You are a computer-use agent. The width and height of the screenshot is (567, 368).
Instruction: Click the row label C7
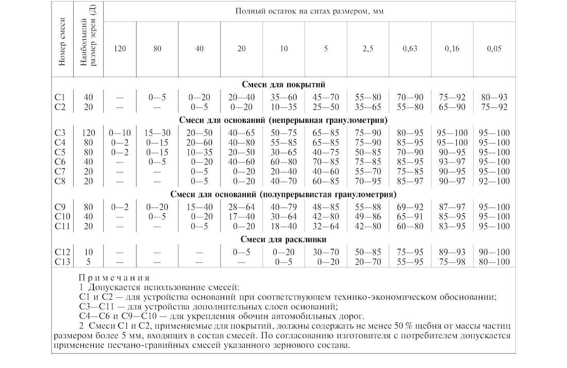(60, 171)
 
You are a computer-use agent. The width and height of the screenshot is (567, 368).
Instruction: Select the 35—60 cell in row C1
(283, 97)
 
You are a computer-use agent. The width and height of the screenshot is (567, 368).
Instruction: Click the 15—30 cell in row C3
(157, 133)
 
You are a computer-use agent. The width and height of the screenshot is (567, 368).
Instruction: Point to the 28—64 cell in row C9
(241, 207)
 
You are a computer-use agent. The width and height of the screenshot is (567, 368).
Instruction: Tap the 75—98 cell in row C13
(452, 262)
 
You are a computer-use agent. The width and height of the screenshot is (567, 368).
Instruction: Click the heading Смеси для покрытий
(283, 84)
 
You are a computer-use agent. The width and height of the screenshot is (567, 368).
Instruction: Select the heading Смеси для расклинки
(283, 239)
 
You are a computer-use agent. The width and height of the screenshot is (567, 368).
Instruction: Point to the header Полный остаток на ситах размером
(309, 11)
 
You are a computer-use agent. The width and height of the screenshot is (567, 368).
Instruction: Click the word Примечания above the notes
(114, 277)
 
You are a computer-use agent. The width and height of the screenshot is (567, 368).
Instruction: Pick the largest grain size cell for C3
(89, 133)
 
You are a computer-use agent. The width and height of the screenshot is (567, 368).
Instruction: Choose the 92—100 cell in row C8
(494, 181)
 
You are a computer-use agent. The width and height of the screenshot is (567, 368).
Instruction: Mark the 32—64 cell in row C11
(325, 227)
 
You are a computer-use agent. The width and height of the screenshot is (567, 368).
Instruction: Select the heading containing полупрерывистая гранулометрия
(283, 195)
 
